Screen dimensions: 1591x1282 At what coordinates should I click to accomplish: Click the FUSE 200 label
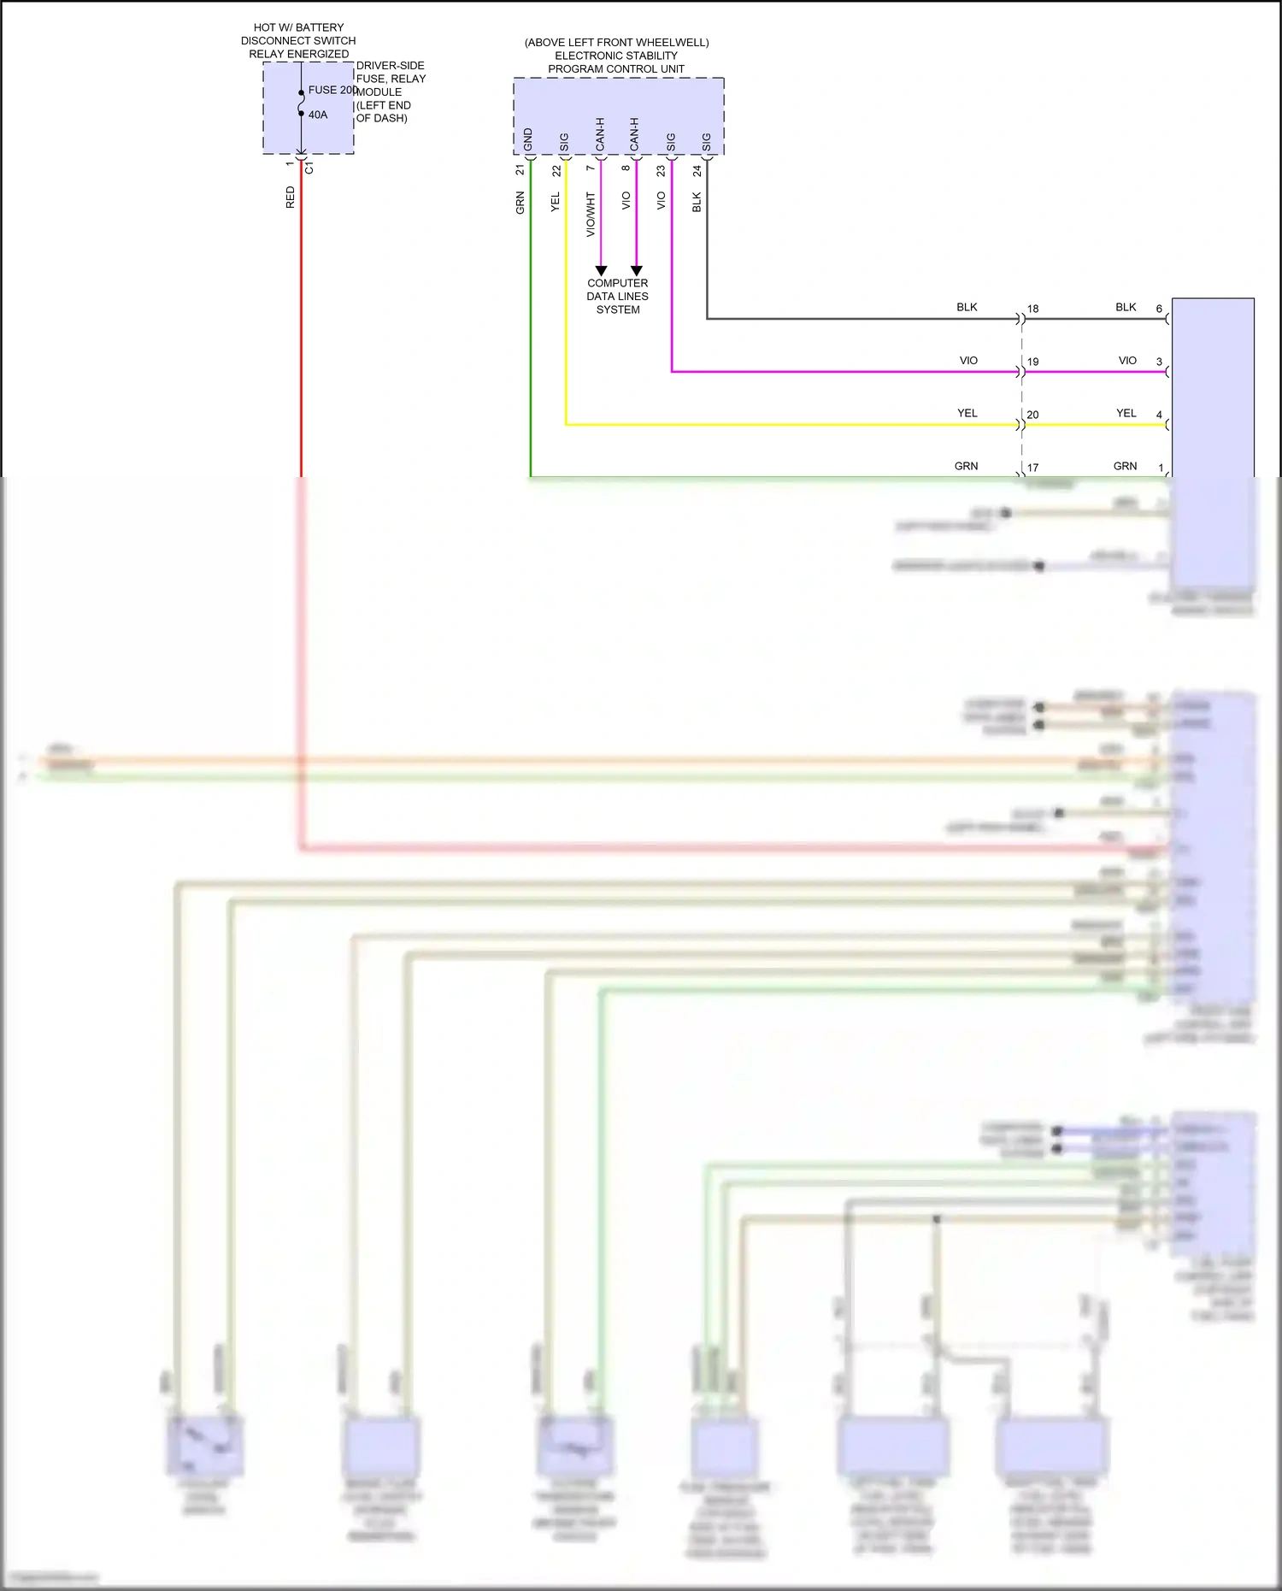point(332,90)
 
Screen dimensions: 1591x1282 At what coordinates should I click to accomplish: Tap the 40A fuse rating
point(318,115)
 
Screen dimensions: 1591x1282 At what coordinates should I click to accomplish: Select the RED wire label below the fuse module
point(291,197)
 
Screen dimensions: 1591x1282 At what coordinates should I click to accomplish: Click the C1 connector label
point(309,168)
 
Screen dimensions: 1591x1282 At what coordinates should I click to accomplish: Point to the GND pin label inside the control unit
point(528,140)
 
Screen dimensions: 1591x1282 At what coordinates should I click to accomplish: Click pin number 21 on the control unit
point(520,170)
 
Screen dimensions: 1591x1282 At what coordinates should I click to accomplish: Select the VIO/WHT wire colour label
point(591,214)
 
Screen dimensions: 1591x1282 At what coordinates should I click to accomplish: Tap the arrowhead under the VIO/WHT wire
point(601,270)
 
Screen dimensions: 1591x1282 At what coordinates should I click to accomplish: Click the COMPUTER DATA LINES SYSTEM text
point(617,296)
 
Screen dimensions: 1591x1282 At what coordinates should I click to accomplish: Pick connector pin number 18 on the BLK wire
point(1032,309)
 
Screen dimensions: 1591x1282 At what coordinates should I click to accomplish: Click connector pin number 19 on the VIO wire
point(1032,362)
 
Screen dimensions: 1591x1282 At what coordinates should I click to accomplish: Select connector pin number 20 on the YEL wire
point(1032,415)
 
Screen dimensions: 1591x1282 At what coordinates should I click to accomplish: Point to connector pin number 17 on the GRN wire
point(1032,468)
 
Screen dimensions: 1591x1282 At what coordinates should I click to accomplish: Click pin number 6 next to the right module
point(1159,309)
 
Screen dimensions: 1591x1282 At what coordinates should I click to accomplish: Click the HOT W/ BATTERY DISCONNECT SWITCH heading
point(298,40)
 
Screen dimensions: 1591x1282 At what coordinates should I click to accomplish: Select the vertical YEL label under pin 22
point(556,203)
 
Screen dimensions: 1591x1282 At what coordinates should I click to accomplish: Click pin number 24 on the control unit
point(697,171)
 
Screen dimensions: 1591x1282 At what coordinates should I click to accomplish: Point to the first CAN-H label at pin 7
point(600,135)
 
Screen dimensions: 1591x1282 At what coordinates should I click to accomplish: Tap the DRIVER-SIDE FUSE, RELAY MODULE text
point(390,91)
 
